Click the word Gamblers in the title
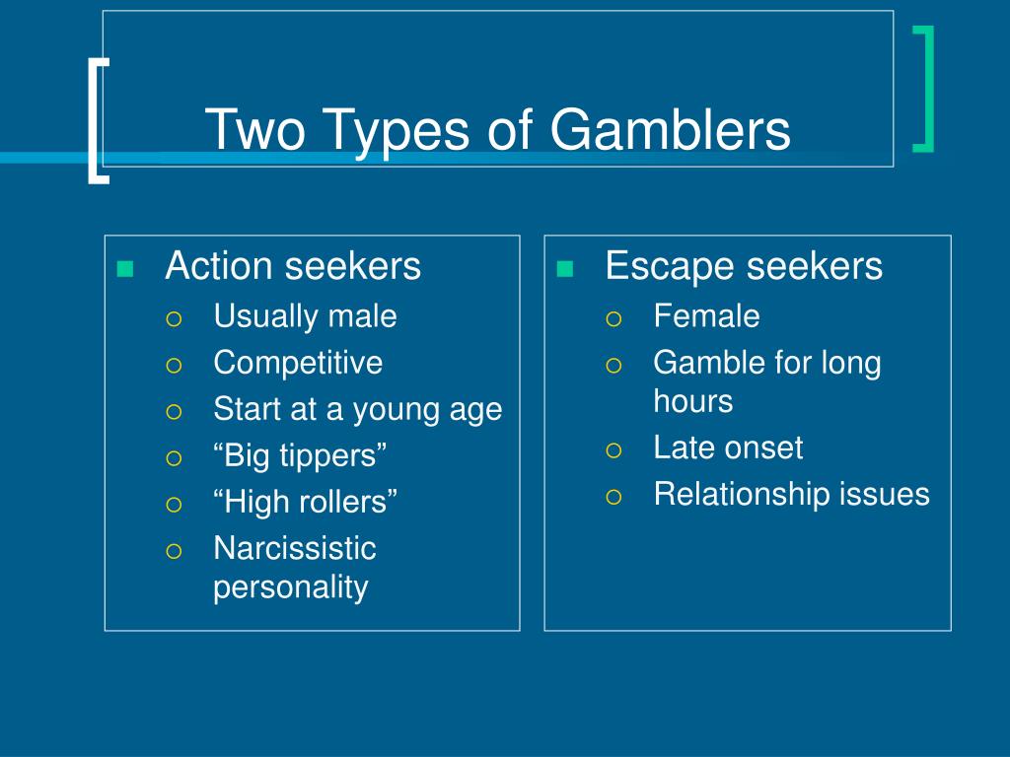670,130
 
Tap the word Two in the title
259,130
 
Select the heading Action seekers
293,265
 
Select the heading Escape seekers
744,265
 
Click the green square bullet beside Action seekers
124,269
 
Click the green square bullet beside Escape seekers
564,269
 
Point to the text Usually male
305,316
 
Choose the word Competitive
298,362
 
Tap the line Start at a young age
358,408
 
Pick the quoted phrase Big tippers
300,455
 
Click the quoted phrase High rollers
306,502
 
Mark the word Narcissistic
295,548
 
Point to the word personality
291,587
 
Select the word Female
706,316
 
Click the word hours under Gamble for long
692,401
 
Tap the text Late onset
728,447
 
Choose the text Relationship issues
791,494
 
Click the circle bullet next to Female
613,318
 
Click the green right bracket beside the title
923,89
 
